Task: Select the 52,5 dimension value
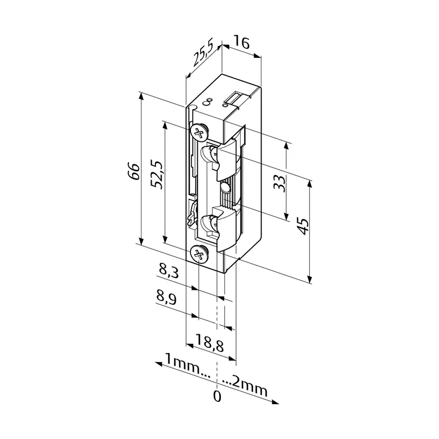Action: (x=157, y=174)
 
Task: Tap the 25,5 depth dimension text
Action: (x=203, y=53)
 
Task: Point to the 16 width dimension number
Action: (x=241, y=42)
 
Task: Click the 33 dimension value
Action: (x=280, y=182)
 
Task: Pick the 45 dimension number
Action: (x=303, y=226)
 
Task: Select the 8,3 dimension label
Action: (x=168, y=271)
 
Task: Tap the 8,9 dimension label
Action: (x=166, y=298)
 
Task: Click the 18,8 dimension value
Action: (x=210, y=342)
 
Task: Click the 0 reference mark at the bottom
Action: (x=218, y=396)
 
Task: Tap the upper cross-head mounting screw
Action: (x=199, y=132)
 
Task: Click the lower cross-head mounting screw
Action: (x=199, y=254)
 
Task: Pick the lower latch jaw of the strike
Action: (x=228, y=230)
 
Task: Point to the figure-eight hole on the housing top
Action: (x=208, y=102)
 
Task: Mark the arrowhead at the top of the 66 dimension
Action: (x=141, y=96)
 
